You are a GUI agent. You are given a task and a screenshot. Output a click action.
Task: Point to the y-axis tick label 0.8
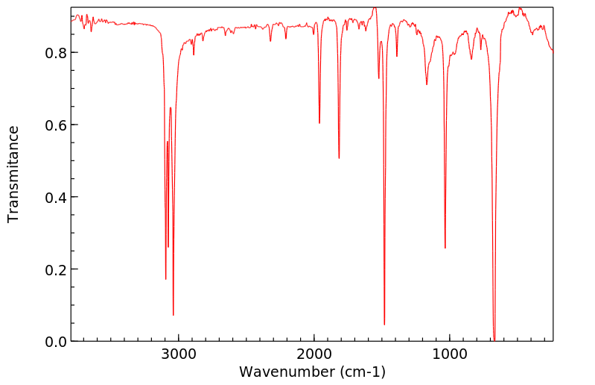coord(54,53)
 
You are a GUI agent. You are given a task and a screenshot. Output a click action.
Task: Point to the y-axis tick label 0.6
coord(54,125)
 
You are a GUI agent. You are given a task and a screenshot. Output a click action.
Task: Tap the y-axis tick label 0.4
coord(54,197)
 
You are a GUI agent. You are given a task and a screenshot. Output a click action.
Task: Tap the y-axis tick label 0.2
coord(54,269)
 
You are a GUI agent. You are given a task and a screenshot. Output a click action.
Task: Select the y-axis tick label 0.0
coord(54,342)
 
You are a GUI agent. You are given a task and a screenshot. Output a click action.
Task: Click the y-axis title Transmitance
coord(13,174)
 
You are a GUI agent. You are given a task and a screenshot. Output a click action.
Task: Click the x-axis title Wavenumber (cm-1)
coord(312,372)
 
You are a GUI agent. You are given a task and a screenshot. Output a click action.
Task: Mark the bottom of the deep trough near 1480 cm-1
coord(384,325)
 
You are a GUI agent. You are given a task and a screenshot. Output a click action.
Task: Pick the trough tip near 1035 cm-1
coord(445,248)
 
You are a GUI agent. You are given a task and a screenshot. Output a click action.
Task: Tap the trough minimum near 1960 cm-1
coord(319,123)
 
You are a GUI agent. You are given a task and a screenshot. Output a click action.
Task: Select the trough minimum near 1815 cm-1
coord(339,158)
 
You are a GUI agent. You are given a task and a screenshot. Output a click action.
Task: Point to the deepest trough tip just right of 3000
coord(174,315)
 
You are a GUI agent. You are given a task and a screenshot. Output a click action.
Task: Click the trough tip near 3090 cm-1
coord(165,279)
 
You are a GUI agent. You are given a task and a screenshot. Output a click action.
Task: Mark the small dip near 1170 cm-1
coord(427,84)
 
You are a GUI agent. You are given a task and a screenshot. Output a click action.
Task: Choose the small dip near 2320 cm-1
coord(270,41)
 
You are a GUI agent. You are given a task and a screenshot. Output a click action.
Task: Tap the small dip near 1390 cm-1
coord(397,56)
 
